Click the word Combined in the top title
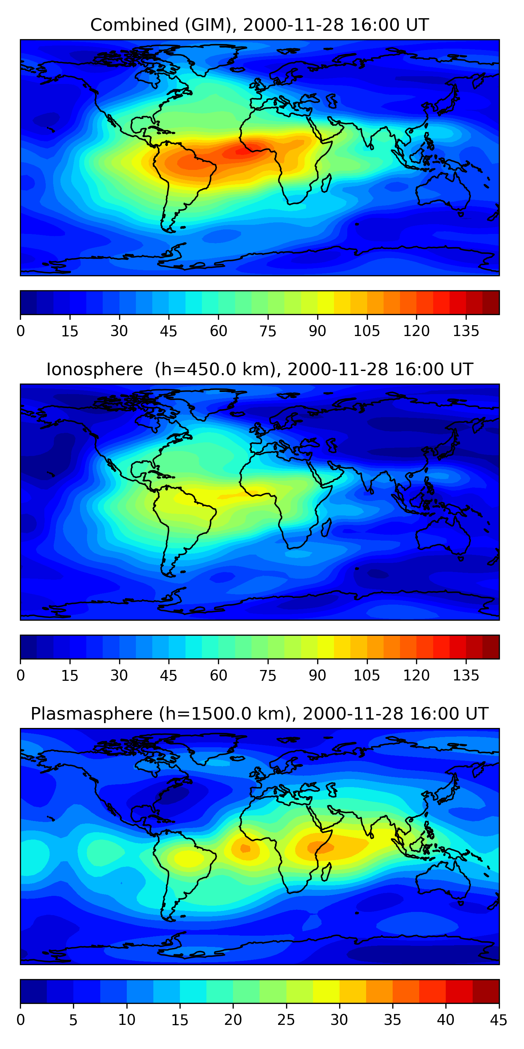(134, 25)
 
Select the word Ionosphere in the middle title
(94, 370)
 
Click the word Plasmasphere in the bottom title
(91, 714)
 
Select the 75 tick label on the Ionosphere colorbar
(268, 676)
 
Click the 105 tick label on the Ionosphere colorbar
(366, 676)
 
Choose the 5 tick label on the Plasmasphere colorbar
(73, 1020)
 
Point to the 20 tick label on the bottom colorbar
(233, 1020)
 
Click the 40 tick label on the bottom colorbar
(445, 1020)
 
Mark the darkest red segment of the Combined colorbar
(491, 302)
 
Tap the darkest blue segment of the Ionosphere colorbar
(29, 647)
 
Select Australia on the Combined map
(443, 191)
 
